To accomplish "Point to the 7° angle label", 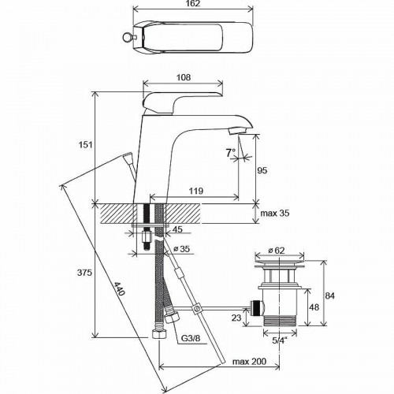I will [230, 153].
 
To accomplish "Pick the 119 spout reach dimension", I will [199, 190].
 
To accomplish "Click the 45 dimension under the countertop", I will [177, 230].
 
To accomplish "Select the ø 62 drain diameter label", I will [277, 250].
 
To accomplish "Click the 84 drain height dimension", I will [330, 295].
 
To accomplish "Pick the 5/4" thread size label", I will [278, 341].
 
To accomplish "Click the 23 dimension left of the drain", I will [236, 318].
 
